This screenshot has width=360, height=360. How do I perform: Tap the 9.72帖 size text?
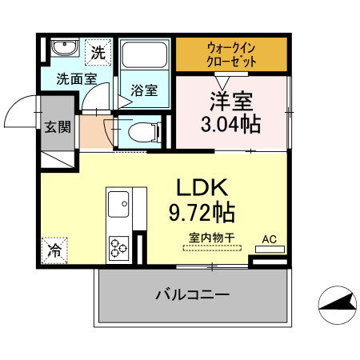tap(202, 214)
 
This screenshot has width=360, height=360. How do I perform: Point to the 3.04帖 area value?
tap(230, 124)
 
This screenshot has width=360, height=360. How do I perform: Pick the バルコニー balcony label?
tap(192, 295)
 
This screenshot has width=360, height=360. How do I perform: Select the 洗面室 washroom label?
tap(76, 79)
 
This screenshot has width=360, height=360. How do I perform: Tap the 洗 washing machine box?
tap(98, 54)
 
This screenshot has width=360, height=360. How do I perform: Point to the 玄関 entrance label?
tap(57, 126)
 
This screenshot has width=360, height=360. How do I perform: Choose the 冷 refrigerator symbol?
tap(55, 249)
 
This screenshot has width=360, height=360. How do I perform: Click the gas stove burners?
tap(119, 246)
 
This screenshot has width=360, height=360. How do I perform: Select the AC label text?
tap(270, 238)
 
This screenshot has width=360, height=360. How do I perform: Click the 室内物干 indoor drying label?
tap(212, 238)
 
